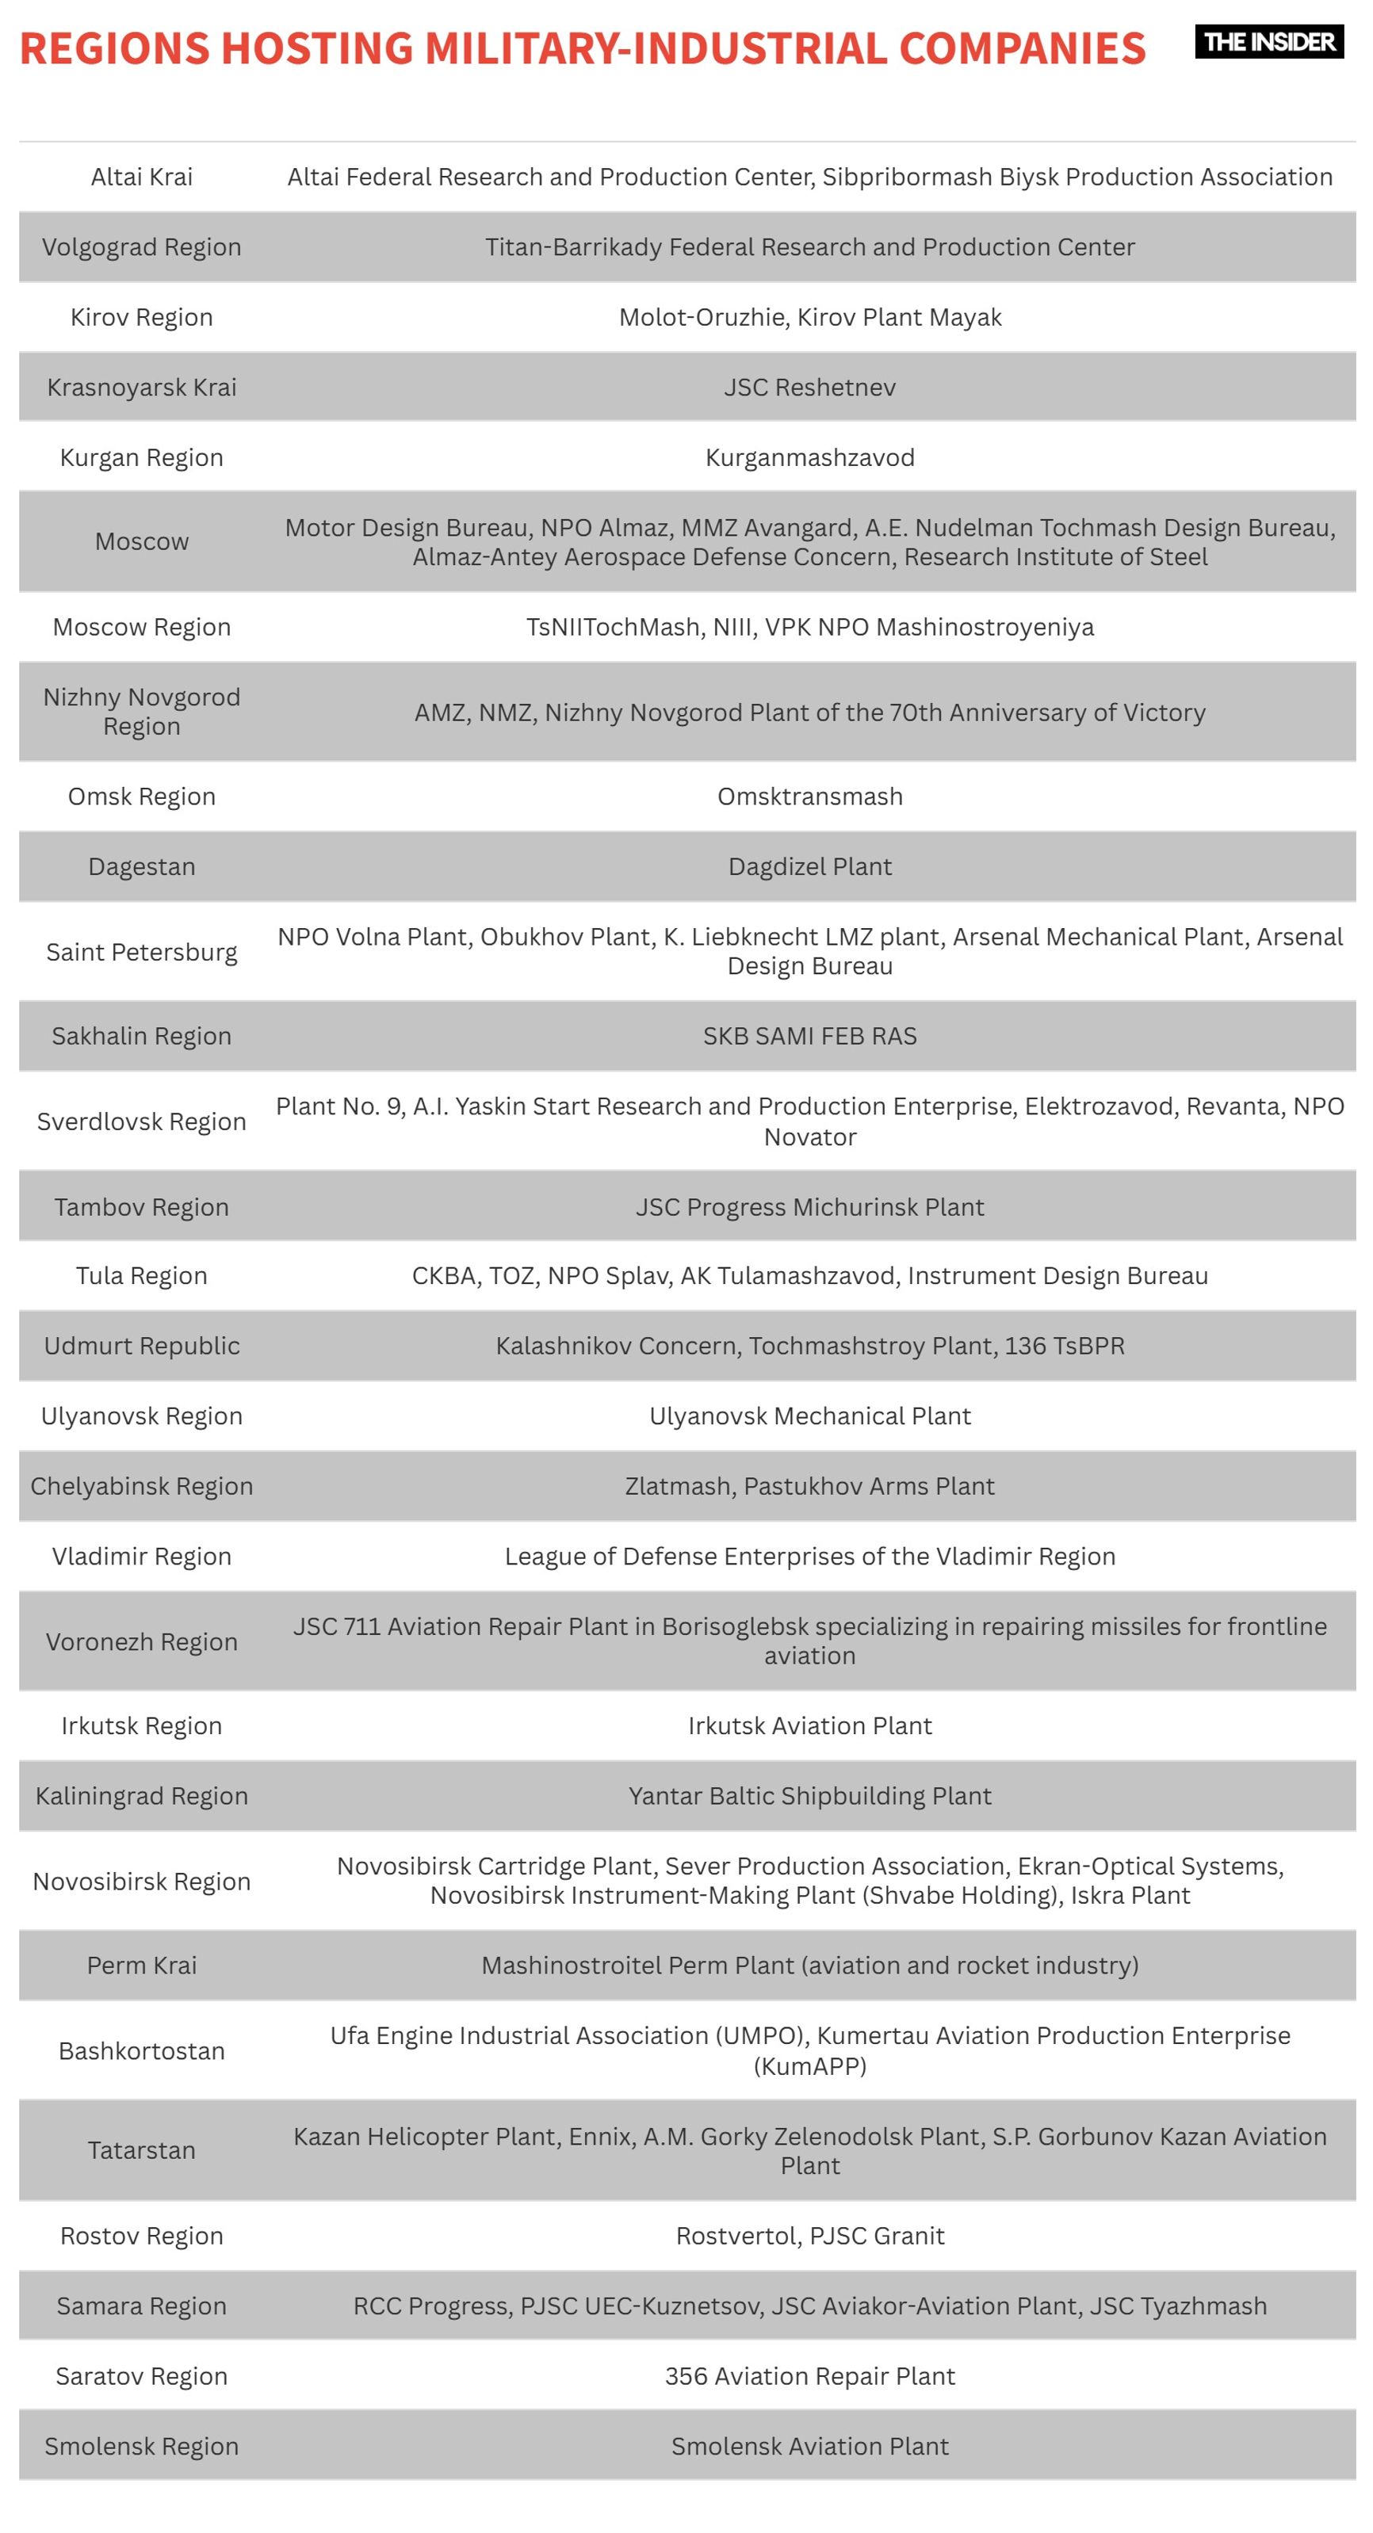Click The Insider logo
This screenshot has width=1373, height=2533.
click(x=1268, y=42)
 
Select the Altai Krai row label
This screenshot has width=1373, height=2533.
click(x=142, y=177)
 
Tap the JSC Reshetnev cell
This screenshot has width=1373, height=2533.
click(x=809, y=388)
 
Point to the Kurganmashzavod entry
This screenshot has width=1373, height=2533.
click(x=809, y=457)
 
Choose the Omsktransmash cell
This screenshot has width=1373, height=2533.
click(x=809, y=797)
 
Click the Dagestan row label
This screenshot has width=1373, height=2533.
click(x=142, y=866)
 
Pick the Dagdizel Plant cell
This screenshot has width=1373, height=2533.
click(x=809, y=866)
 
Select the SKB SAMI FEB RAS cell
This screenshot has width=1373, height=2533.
click(x=809, y=1037)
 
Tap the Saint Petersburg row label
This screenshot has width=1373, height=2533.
click(x=142, y=952)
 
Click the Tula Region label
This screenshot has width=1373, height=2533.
click(x=142, y=1275)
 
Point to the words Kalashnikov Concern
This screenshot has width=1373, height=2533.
click(x=617, y=1345)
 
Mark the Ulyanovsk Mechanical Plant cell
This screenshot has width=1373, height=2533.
click(x=809, y=1416)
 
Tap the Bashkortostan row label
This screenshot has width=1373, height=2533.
click(x=142, y=2051)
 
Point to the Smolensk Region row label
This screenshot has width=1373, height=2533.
click(x=142, y=2447)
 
